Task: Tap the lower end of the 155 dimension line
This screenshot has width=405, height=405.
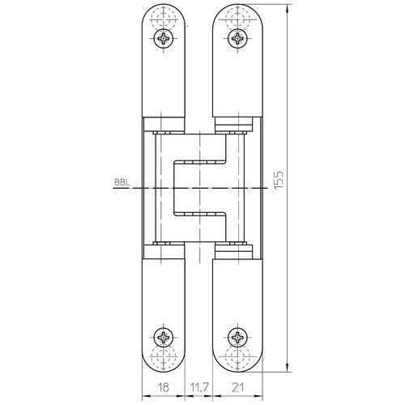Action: [x=288, y=371]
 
